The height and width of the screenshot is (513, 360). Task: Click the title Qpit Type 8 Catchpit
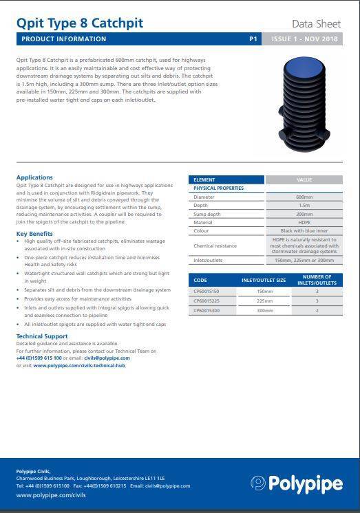tap(79, 23)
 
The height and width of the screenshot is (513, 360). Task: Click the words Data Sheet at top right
tap(317, 24)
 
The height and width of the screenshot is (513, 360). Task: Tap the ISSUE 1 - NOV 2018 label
tap(304, 40)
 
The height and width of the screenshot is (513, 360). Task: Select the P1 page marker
tap(253, 40)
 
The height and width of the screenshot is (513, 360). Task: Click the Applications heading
tap(34, 178)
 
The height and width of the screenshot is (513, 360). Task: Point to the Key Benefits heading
tap(34, 234)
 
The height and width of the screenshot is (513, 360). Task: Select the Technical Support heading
tap(42, 336)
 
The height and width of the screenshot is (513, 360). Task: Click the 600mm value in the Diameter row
tap(304, 197)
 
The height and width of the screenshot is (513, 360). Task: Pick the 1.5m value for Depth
tap(304, 205)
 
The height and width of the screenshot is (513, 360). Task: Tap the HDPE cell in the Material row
tap(304, 222)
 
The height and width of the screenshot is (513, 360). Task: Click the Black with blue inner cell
tap(304, 231)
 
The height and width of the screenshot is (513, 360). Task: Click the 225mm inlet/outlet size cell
tap(265, 301)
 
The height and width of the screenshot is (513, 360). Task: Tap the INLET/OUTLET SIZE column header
tap(265, 281)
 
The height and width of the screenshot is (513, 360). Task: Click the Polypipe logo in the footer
tap(297, 483)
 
